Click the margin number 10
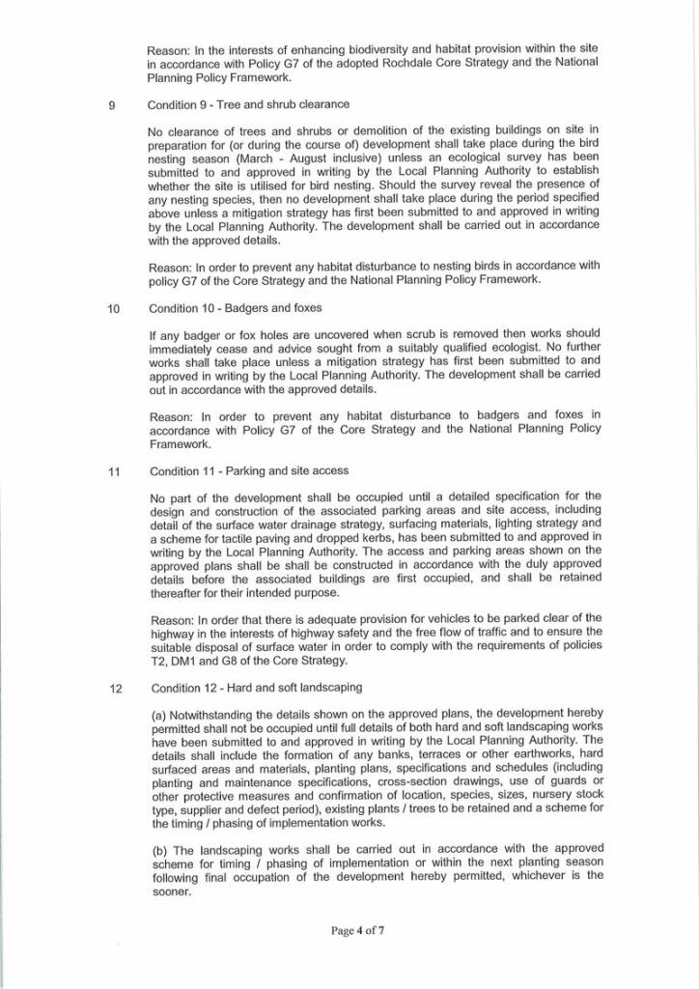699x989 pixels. [113, 309]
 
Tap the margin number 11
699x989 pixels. [114, 471]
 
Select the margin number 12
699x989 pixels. [115, 689]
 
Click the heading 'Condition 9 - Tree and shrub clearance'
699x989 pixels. [248, 104]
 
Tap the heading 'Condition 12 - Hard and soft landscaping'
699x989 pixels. [256, 689]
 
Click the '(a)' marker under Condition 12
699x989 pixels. [159, 715]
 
